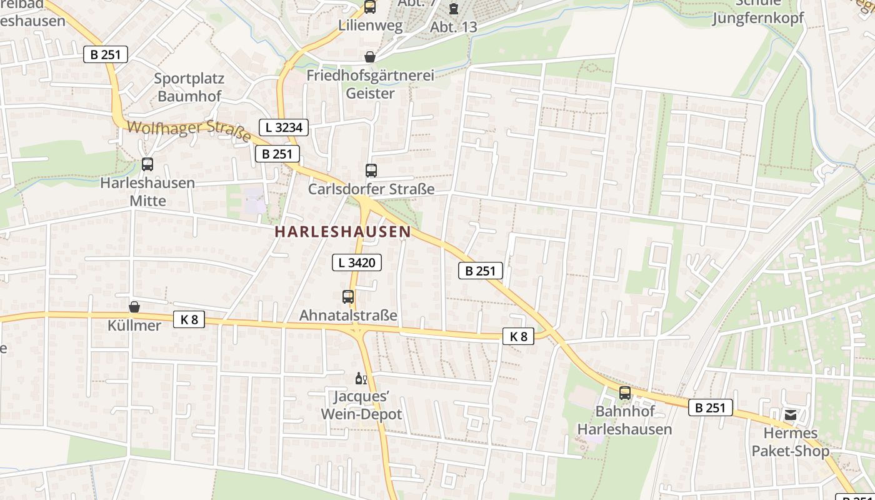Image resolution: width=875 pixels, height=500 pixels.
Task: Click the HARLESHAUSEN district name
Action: [x=342, y=231]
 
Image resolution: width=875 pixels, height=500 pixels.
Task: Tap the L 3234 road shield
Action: [x=284, y=127]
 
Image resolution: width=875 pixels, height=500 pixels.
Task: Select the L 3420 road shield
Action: [x=356, y=262]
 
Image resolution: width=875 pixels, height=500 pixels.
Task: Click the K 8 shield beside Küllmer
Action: [x=189, y=319]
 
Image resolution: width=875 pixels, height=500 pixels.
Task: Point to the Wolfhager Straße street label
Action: [x=189, y=130]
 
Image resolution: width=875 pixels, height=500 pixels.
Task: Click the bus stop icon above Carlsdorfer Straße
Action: [x=371, y=170]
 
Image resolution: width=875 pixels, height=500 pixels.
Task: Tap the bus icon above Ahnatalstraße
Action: [x=348, y=297]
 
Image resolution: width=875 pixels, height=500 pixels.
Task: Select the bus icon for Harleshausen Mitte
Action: [x=147, y=164]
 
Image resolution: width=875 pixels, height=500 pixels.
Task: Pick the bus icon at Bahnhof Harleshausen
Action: [x=624, y=393]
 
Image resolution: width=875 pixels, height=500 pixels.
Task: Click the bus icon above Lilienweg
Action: [x=370, y=7]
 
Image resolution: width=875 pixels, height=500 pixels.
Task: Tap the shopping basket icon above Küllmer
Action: [x=134, y=307]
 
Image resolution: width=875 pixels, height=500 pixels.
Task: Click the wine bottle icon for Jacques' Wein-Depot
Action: [x=361, y=378]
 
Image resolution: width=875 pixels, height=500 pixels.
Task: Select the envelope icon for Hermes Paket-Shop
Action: [x=791, y=414]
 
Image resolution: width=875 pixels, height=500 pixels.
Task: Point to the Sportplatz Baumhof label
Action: [x=189, y=87]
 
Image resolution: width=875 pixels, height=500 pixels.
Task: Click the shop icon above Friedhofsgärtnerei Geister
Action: [x=370, y=57]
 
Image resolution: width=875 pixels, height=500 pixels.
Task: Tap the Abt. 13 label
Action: [x=453, y=27]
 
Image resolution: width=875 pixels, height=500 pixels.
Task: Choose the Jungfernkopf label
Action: [x=758, y=18]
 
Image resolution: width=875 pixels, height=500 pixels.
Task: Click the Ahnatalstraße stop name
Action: [x=348, y=315]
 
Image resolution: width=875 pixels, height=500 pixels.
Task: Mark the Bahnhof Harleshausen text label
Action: [x=624, y=420]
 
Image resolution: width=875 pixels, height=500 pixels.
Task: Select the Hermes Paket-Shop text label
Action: [x=791, y=442]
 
